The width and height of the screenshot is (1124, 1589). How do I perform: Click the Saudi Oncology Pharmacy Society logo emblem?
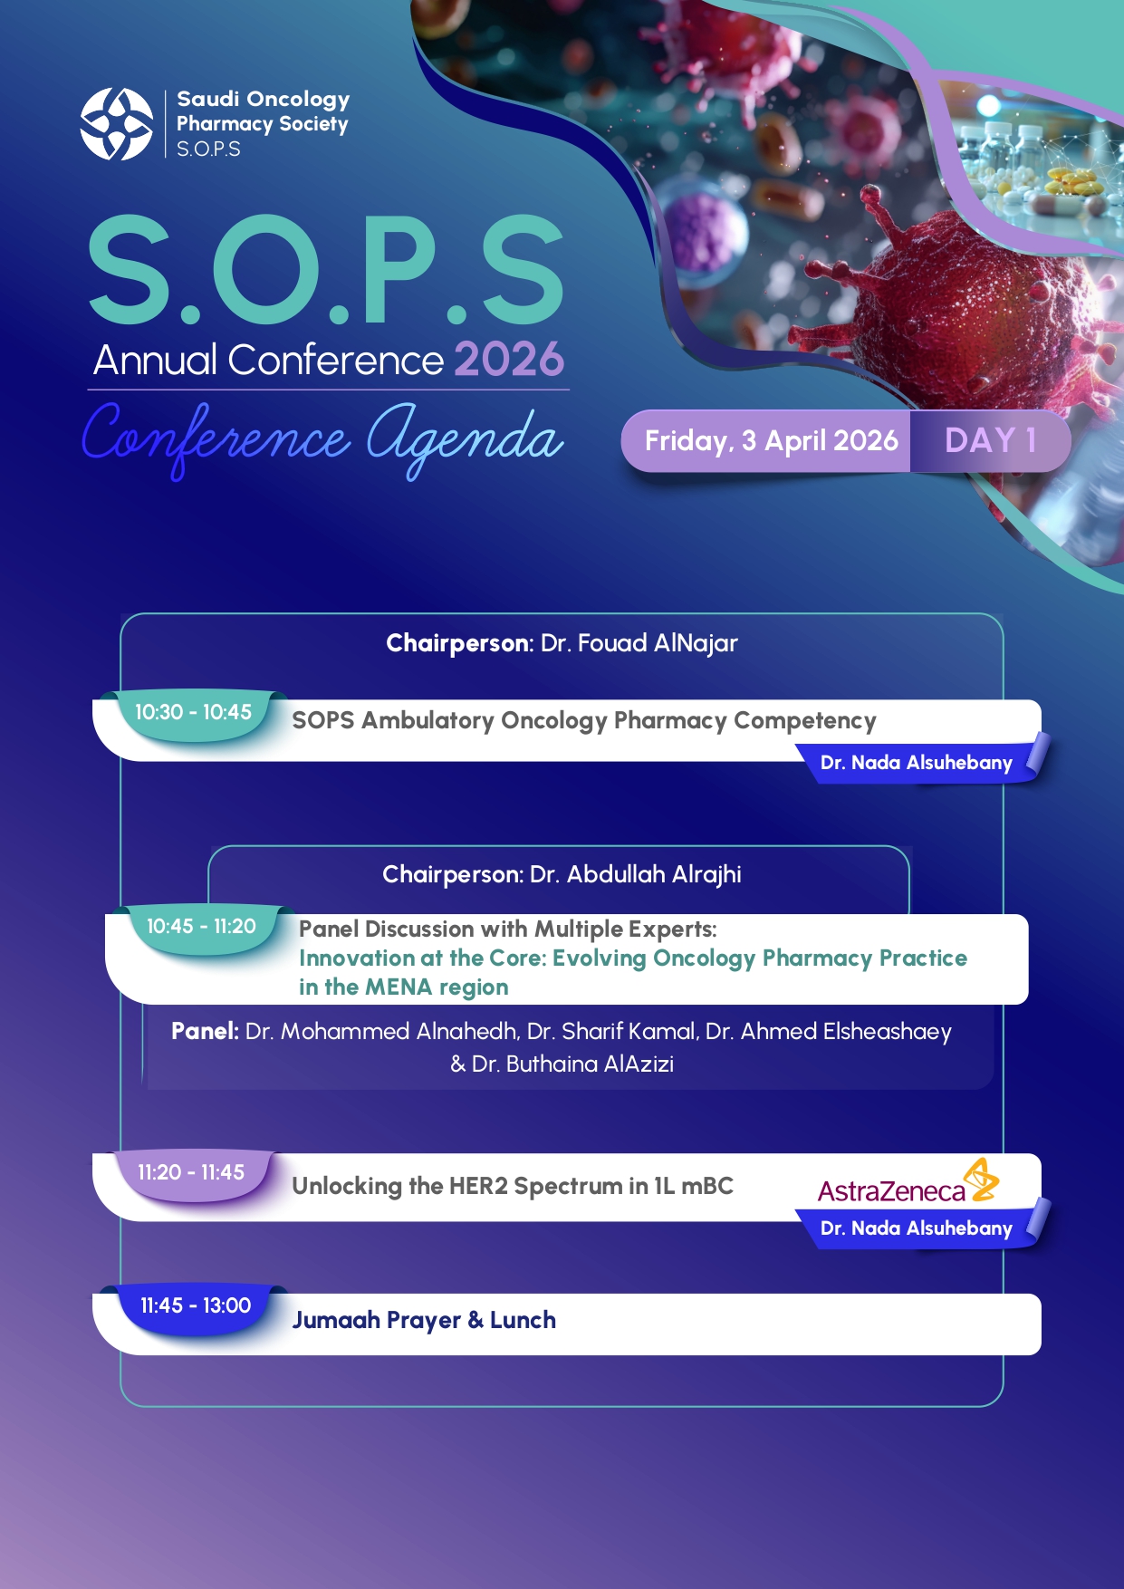click(117, 124)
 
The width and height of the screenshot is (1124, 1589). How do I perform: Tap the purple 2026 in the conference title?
click(509, 360)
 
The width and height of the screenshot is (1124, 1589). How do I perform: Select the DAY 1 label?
click(990, 440)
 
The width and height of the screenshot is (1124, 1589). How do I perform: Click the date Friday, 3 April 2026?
click(771, 441)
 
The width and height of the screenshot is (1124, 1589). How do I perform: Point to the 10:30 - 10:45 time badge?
click(193, 713)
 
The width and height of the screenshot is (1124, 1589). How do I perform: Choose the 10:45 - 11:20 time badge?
click(201, 927)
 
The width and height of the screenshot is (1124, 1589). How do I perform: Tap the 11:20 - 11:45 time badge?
click(191, 1173)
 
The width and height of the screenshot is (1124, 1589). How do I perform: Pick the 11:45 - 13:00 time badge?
click(195, 1306)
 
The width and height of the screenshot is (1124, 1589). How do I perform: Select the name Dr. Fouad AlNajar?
click(639, 643)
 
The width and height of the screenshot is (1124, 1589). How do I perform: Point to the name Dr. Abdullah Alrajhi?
click(635, 874)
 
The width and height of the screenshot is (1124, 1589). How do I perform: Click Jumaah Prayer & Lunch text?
click(424, 1320)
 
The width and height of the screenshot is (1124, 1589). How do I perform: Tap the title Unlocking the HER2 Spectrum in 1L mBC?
click(513, 1186)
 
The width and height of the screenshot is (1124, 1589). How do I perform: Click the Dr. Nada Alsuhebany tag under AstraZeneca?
click(916, 1228)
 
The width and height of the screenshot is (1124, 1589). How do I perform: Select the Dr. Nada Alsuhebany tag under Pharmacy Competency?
click(916, 763)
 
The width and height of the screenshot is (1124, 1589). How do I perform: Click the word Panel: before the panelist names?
click(205, 1032)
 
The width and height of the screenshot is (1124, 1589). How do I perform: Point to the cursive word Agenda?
click(464, 440)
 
